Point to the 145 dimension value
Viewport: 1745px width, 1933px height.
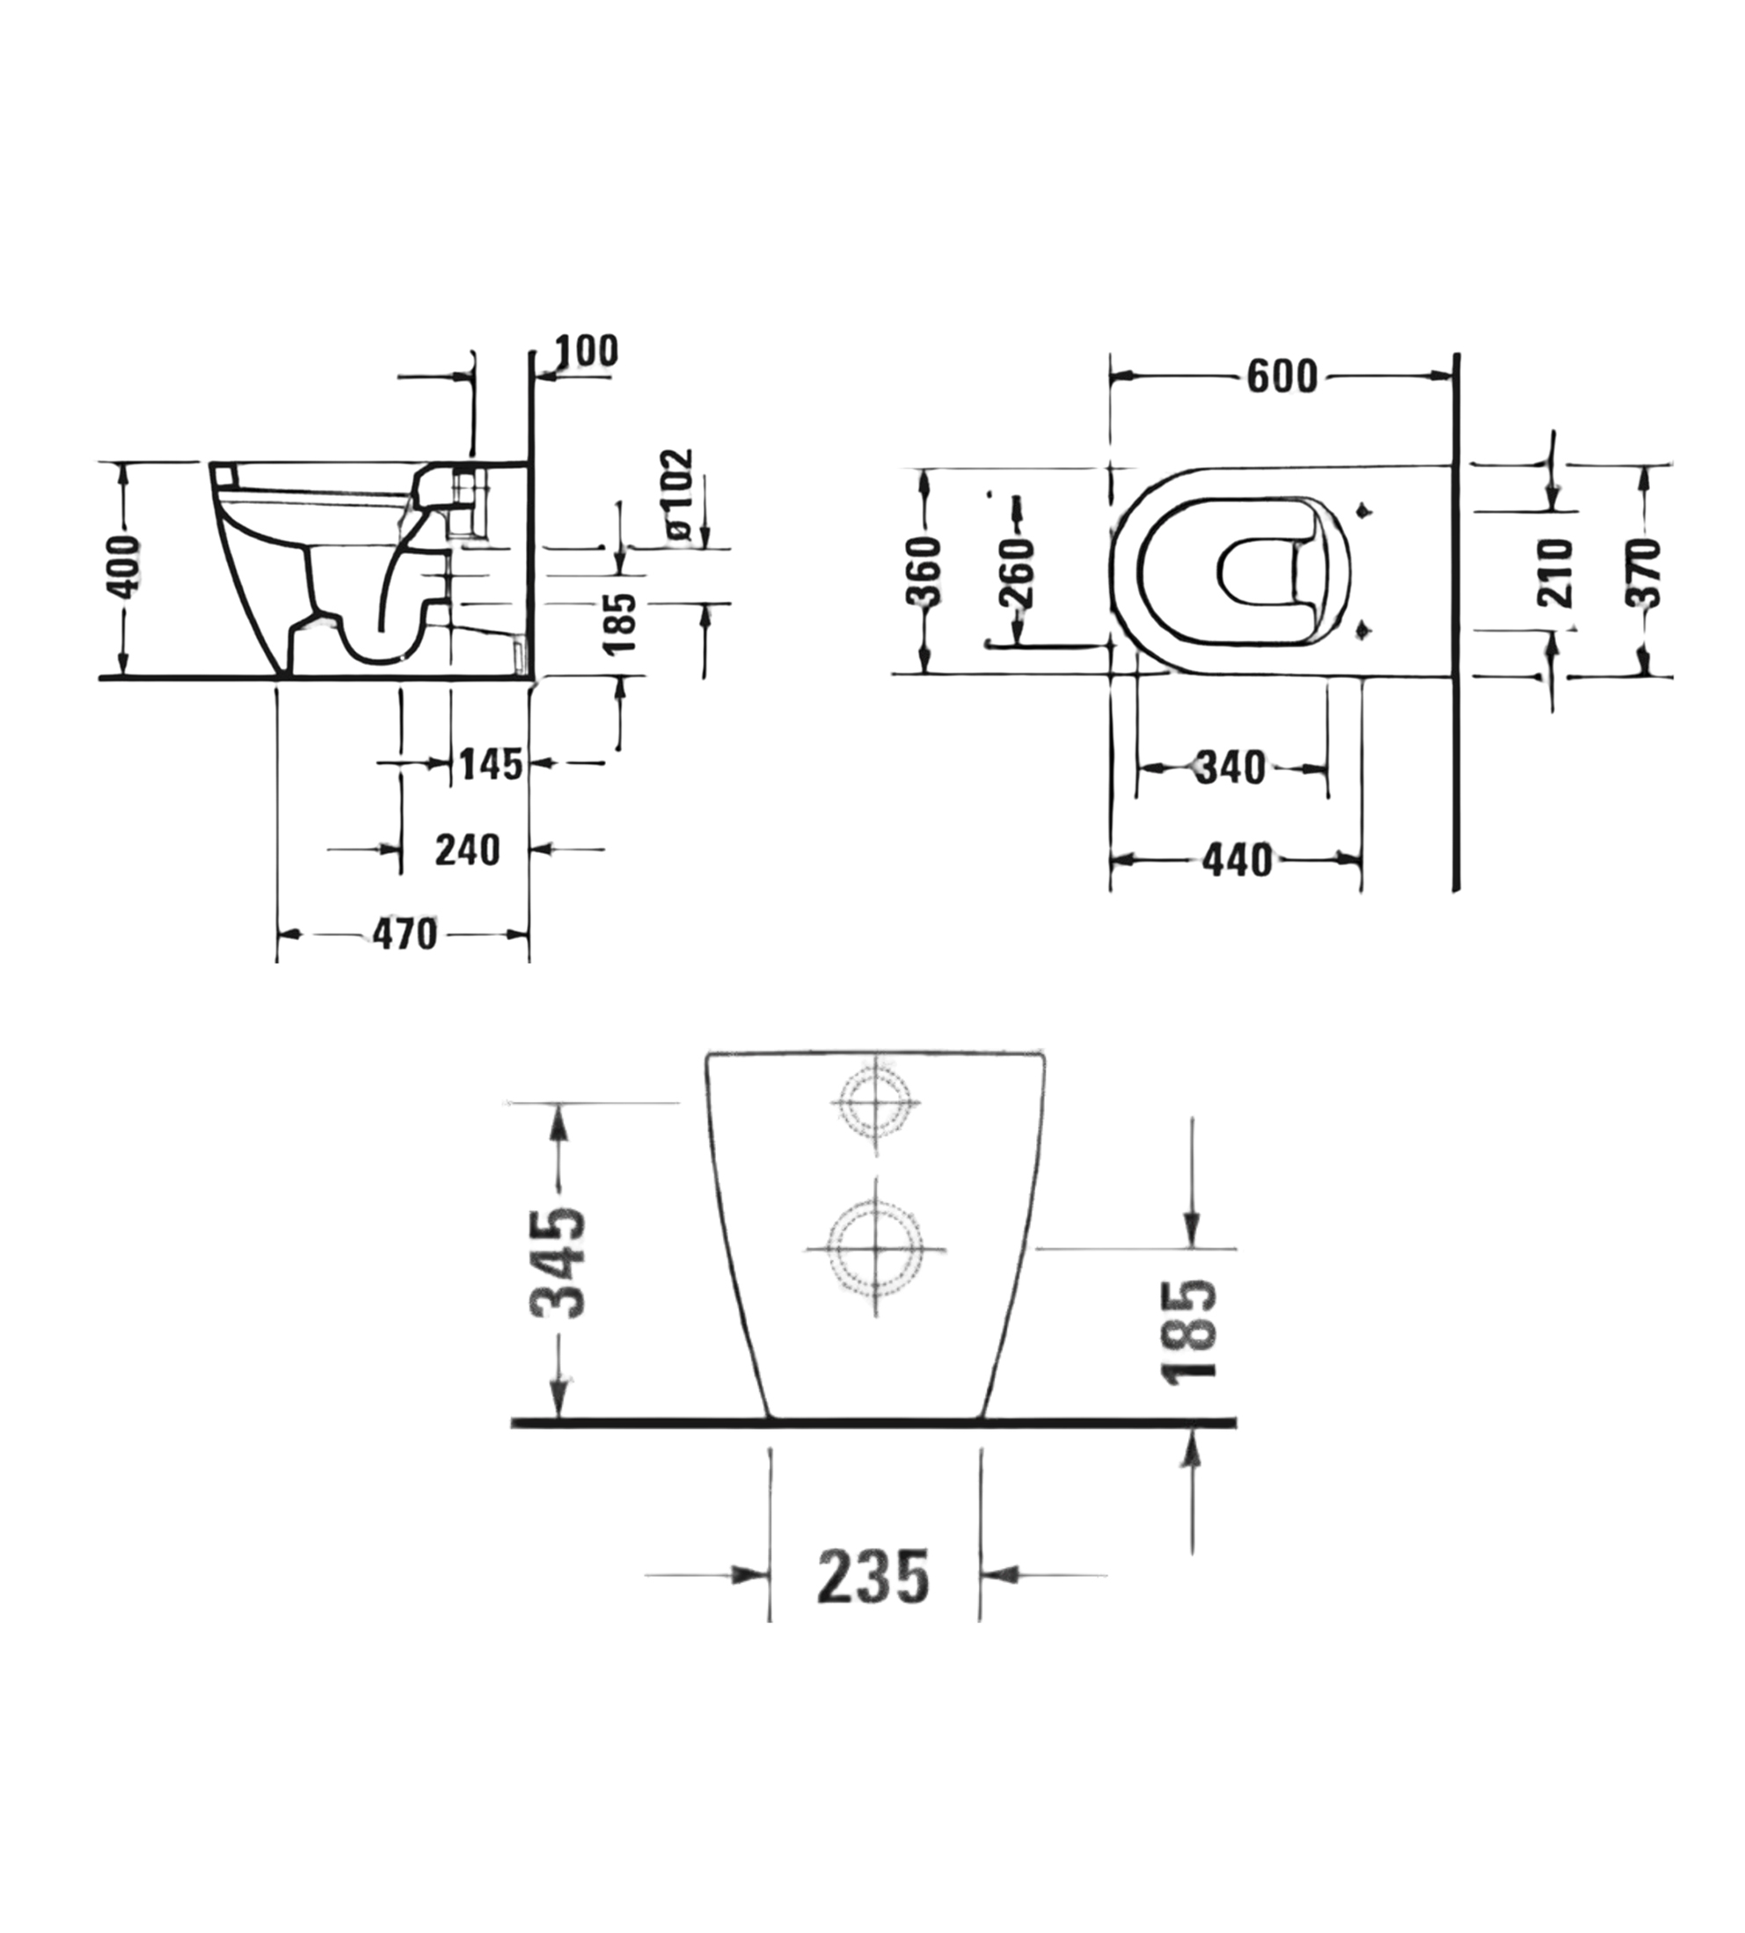(491, 764)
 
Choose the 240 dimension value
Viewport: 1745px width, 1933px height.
(468, 850)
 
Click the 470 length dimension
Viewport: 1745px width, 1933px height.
(405, 934)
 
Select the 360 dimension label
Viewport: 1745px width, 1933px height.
(924, 573)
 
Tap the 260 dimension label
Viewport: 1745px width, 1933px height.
(1018, 573)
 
